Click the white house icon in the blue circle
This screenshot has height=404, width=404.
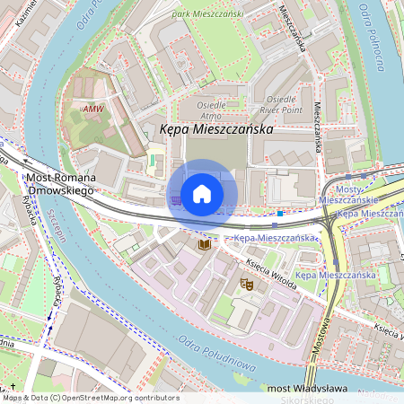[x=202, y=193]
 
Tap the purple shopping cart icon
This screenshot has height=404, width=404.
[x=175, y=199]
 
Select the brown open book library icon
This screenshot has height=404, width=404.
[x=205, y=243]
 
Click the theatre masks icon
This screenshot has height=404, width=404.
[x=246, y=284]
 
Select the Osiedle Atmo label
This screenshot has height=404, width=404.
[x=212, y=108]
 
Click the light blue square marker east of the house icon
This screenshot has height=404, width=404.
[x=280, y=214]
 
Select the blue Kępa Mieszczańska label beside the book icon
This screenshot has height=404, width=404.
[x=277, y=238]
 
